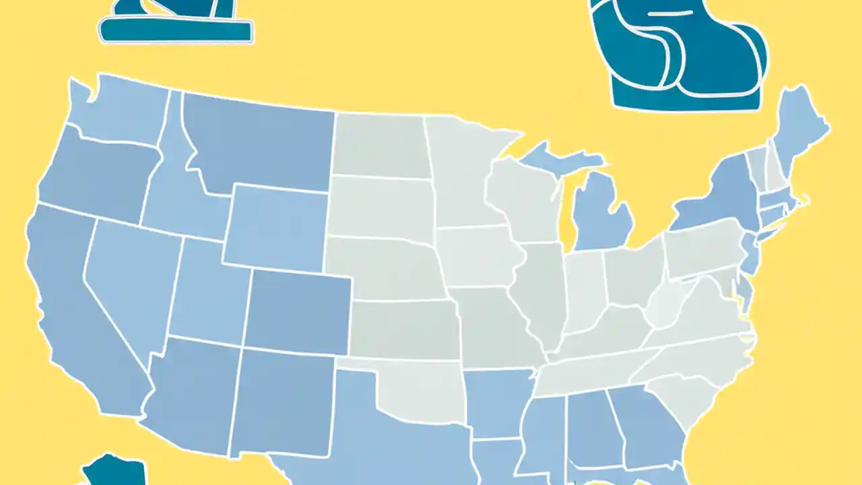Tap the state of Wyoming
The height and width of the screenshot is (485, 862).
click(x=276, y=226)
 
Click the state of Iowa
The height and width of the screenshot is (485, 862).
click(x=478, y=256)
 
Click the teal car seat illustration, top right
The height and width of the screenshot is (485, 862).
click(x=680, y=54)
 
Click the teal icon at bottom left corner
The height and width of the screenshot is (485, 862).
click(x=114, y=472)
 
